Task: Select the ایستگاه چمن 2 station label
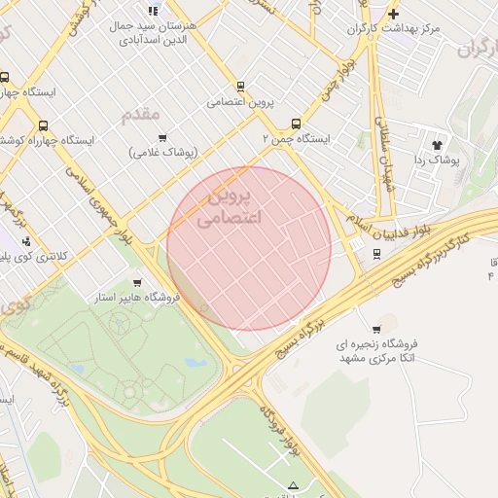point(297,139)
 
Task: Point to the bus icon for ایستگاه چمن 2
point(296,124)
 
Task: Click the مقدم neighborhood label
point(141,115)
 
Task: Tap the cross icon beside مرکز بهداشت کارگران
point(393,14)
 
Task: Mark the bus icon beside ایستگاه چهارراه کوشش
point(43,125)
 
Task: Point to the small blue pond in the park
point(195,363)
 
